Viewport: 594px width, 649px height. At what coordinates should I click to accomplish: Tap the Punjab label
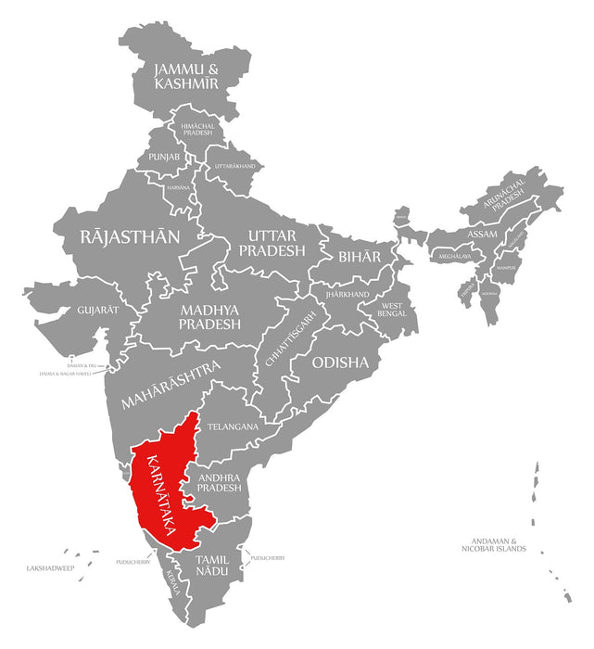[163, 157]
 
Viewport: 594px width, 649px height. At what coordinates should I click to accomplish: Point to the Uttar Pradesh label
[272, 243]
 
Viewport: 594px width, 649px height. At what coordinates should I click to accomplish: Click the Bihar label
[359, 256]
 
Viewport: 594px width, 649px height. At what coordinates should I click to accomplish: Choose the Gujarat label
[98, 309]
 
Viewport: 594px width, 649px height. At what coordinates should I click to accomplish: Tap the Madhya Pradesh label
[210, 317]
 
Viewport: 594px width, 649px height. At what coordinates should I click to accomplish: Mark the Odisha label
[340, 362]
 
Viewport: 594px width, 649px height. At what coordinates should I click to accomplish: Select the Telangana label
[233, 426]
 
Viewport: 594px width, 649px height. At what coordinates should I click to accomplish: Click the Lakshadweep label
[48, 566]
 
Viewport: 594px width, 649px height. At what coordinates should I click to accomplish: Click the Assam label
[482, 234]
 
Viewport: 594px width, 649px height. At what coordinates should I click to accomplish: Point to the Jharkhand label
[348, 295]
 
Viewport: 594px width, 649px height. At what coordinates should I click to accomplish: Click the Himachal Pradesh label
[197, 129]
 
